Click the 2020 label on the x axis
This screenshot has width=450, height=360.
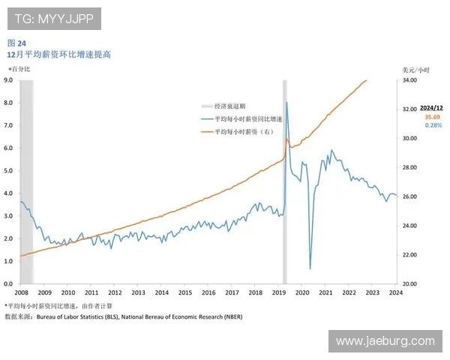[302, 292]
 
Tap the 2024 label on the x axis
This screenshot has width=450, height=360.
[395, 292]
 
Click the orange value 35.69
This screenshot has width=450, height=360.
[433, 118]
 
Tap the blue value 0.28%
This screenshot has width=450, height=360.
[433, 125]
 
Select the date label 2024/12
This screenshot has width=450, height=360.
[432, 109]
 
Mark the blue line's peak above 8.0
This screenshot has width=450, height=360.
[287, 103]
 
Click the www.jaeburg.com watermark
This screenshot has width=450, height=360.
[384, 341]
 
